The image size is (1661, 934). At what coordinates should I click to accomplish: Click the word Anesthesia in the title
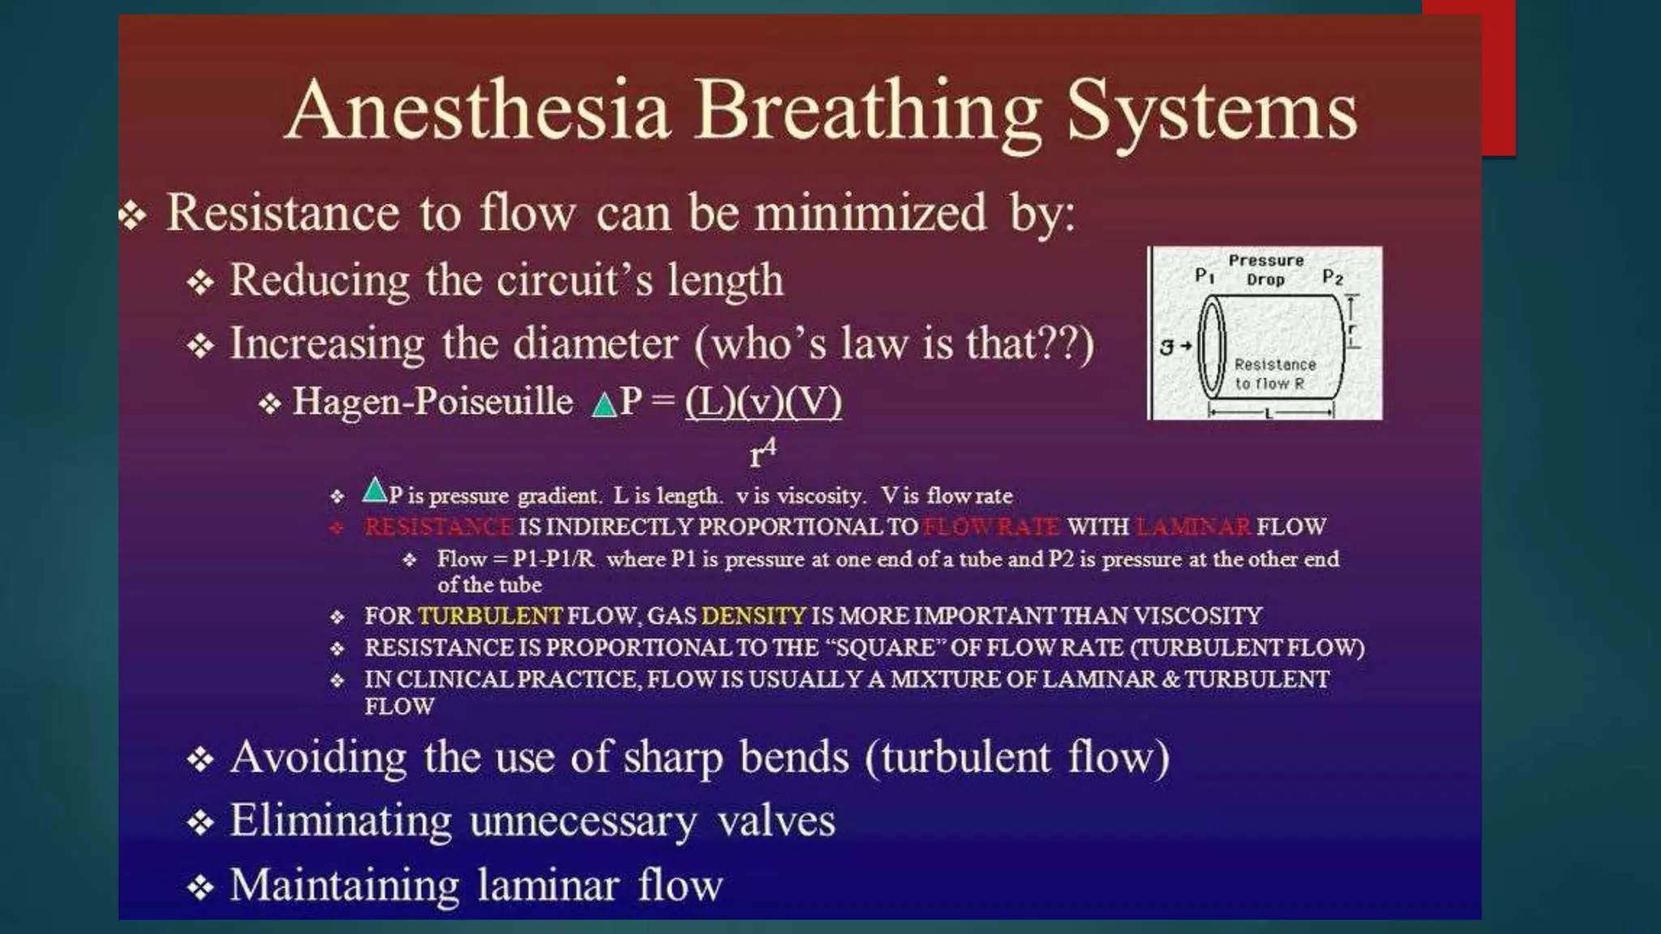point(479,111)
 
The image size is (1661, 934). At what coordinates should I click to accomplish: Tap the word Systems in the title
point(1212,111)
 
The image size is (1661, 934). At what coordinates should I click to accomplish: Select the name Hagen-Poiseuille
point(432,401)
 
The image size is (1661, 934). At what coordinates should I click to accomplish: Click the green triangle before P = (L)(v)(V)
point(603,405)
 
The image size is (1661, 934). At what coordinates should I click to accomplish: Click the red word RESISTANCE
point(438,527)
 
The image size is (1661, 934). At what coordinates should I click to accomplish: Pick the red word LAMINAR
point(1193,527)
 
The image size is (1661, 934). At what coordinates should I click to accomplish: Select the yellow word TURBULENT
point(490,616)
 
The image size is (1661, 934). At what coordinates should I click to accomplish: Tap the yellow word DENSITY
point(753,616)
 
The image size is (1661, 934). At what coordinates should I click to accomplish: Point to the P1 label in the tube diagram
point(1204,276)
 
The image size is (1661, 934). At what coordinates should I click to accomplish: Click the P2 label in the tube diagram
point(1333,277)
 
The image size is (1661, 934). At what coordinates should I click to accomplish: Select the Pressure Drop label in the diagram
point(1266,270)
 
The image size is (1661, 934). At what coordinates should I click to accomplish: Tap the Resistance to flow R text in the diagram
point(1274,375)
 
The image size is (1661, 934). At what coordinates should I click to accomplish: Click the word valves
point(776,821)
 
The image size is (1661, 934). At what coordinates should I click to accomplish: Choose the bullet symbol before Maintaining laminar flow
point(200,887)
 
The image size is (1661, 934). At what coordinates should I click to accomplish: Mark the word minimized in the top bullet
point(870,213)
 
